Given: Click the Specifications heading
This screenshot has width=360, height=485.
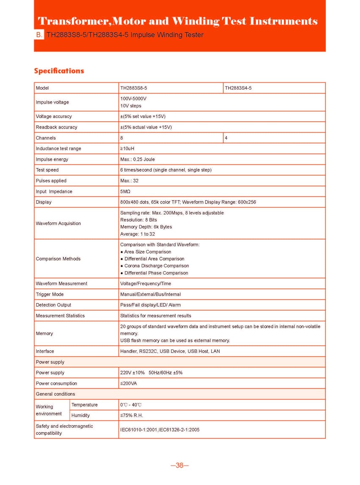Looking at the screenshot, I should (x=59, y=71).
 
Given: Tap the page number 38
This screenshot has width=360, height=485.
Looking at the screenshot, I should (x=180, y=465).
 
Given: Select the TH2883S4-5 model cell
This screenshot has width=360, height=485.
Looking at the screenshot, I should (x=238, y=88).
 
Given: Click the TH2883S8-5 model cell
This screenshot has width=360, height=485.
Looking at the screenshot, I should (x=134, y=88).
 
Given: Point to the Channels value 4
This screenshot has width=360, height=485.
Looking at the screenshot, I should (x=226, y=138).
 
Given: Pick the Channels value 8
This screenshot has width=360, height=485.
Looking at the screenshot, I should (x=122, y=138).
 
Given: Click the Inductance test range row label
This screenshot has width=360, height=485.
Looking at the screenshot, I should (x=59, y=149).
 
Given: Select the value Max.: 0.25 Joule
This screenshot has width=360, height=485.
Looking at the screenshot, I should (x=137, y=159).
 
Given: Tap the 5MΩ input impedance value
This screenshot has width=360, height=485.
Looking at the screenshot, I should (x=125, y=191).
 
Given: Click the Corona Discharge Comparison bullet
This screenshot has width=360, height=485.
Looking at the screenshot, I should (x=157, y=266).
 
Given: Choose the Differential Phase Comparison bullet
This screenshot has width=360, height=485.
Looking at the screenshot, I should (x=156, y=273).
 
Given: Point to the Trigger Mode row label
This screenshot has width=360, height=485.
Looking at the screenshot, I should (x=50, y=294).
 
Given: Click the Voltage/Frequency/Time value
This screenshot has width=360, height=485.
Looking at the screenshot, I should (x=146, y=284).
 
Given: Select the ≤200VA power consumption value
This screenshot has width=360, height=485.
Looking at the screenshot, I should (x=128, y=383).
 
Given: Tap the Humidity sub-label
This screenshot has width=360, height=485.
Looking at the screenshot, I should (x=81, y=415).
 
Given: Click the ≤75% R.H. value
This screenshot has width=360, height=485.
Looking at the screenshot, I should (x=131, y=415).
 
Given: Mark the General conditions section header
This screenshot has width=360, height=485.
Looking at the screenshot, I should (x=55, y=394).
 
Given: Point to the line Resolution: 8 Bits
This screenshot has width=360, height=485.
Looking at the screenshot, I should (x=138, y=220).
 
